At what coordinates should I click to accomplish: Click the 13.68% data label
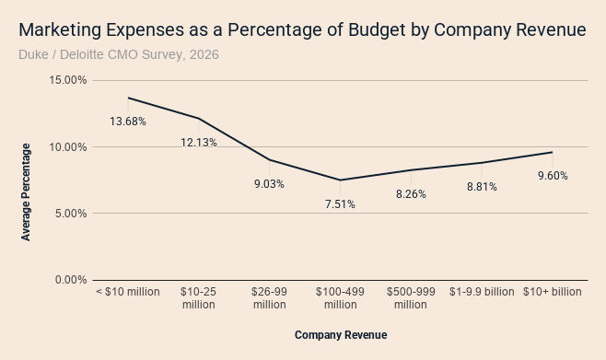pos(128,122)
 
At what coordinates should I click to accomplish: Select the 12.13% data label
pos(199,143)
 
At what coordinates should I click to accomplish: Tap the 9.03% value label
pos(269,184)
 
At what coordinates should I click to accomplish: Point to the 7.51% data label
pos(340,204)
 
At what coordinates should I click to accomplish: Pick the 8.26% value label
pos(411,194)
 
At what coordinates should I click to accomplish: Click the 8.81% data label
pos(482,187)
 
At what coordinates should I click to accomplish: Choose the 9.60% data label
pos(553,176)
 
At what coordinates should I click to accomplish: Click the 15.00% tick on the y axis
pos(68,80)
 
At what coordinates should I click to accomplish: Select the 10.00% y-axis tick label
pos(68,146)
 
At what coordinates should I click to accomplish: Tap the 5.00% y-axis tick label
pos(71,214)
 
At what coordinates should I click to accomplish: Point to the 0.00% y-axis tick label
pos(71,280)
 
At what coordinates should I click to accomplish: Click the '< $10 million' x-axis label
pos(128,292)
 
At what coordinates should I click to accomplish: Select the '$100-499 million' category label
pos(340,297)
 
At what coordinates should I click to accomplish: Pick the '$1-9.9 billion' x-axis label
pos(482,292)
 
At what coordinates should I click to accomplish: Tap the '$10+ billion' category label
pos(553,292)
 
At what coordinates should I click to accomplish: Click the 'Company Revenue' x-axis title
pos(341,335)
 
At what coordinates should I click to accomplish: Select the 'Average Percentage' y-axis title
pos(26,192)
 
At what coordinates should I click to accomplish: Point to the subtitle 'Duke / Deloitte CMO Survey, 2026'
pos(119,54)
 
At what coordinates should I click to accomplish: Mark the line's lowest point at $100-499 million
pos(340,180)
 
